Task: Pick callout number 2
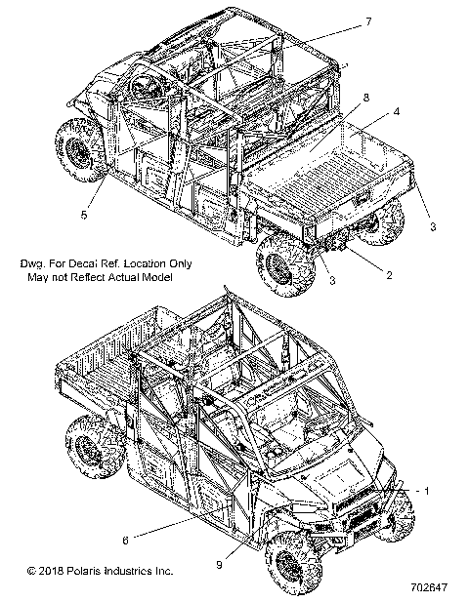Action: click(x=389, y=276)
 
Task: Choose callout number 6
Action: click(x=124, y=539)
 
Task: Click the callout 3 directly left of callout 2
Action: click(x=332, y=280)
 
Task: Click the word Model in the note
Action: click(x=152, y=277)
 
